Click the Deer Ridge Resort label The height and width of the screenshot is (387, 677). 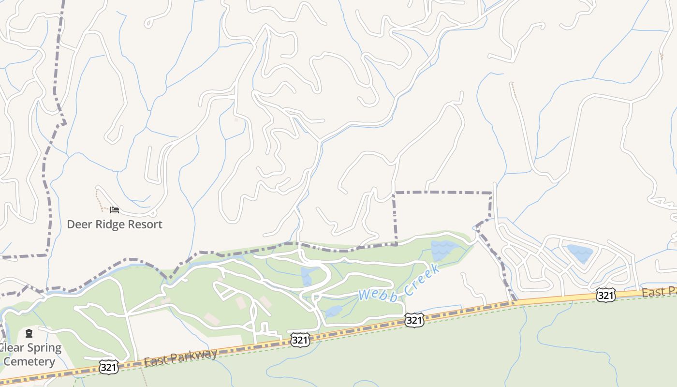[114, 224]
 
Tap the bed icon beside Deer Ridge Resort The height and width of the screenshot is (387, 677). [115, 209]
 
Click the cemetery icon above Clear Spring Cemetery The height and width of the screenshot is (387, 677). [29, 333]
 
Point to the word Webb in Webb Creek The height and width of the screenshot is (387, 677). [377, 293]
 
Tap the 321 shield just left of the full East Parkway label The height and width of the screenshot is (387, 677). [109, 367]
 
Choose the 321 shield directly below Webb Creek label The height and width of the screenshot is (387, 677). [414, 320]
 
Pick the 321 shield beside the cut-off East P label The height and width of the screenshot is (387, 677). [605, 295]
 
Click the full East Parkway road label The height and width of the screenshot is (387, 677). [181, 357]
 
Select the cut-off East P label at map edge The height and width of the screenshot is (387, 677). [659, 292]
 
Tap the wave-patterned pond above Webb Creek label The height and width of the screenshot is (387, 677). [442, 249]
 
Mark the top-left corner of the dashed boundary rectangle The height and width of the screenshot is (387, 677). [394, 193]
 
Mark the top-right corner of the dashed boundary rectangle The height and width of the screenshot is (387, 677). [491, 193]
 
